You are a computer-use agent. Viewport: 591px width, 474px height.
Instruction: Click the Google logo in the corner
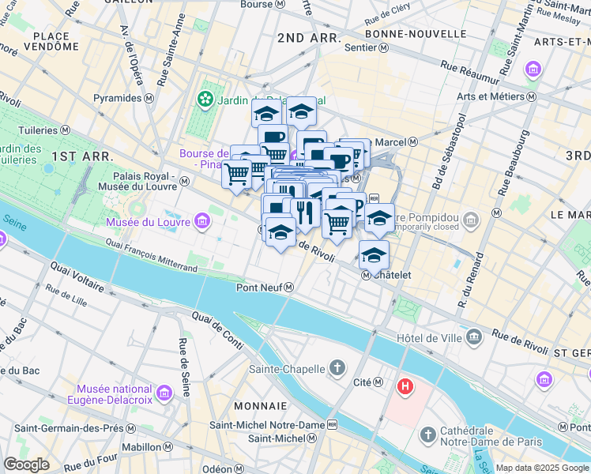pos(26,465)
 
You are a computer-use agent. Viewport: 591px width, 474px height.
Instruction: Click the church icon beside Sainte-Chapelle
pos(337,368)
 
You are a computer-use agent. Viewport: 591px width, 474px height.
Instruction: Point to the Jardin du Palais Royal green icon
pos(205,100)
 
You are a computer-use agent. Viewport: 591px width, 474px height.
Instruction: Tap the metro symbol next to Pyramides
pos(148,100)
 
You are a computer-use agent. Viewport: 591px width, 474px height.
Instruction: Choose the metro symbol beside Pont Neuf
pos(290,288)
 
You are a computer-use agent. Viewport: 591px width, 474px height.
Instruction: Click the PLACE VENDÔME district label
pos(56,41)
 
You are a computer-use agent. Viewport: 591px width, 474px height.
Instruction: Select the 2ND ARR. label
pos(309,37)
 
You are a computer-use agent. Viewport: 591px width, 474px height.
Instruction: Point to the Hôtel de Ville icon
pos(473,337)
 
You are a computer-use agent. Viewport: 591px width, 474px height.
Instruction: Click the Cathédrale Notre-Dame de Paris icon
pos(427,434)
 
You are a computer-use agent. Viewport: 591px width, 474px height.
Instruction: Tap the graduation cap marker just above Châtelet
pos(374,255)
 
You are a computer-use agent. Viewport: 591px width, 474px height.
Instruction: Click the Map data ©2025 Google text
pos(541,468)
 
